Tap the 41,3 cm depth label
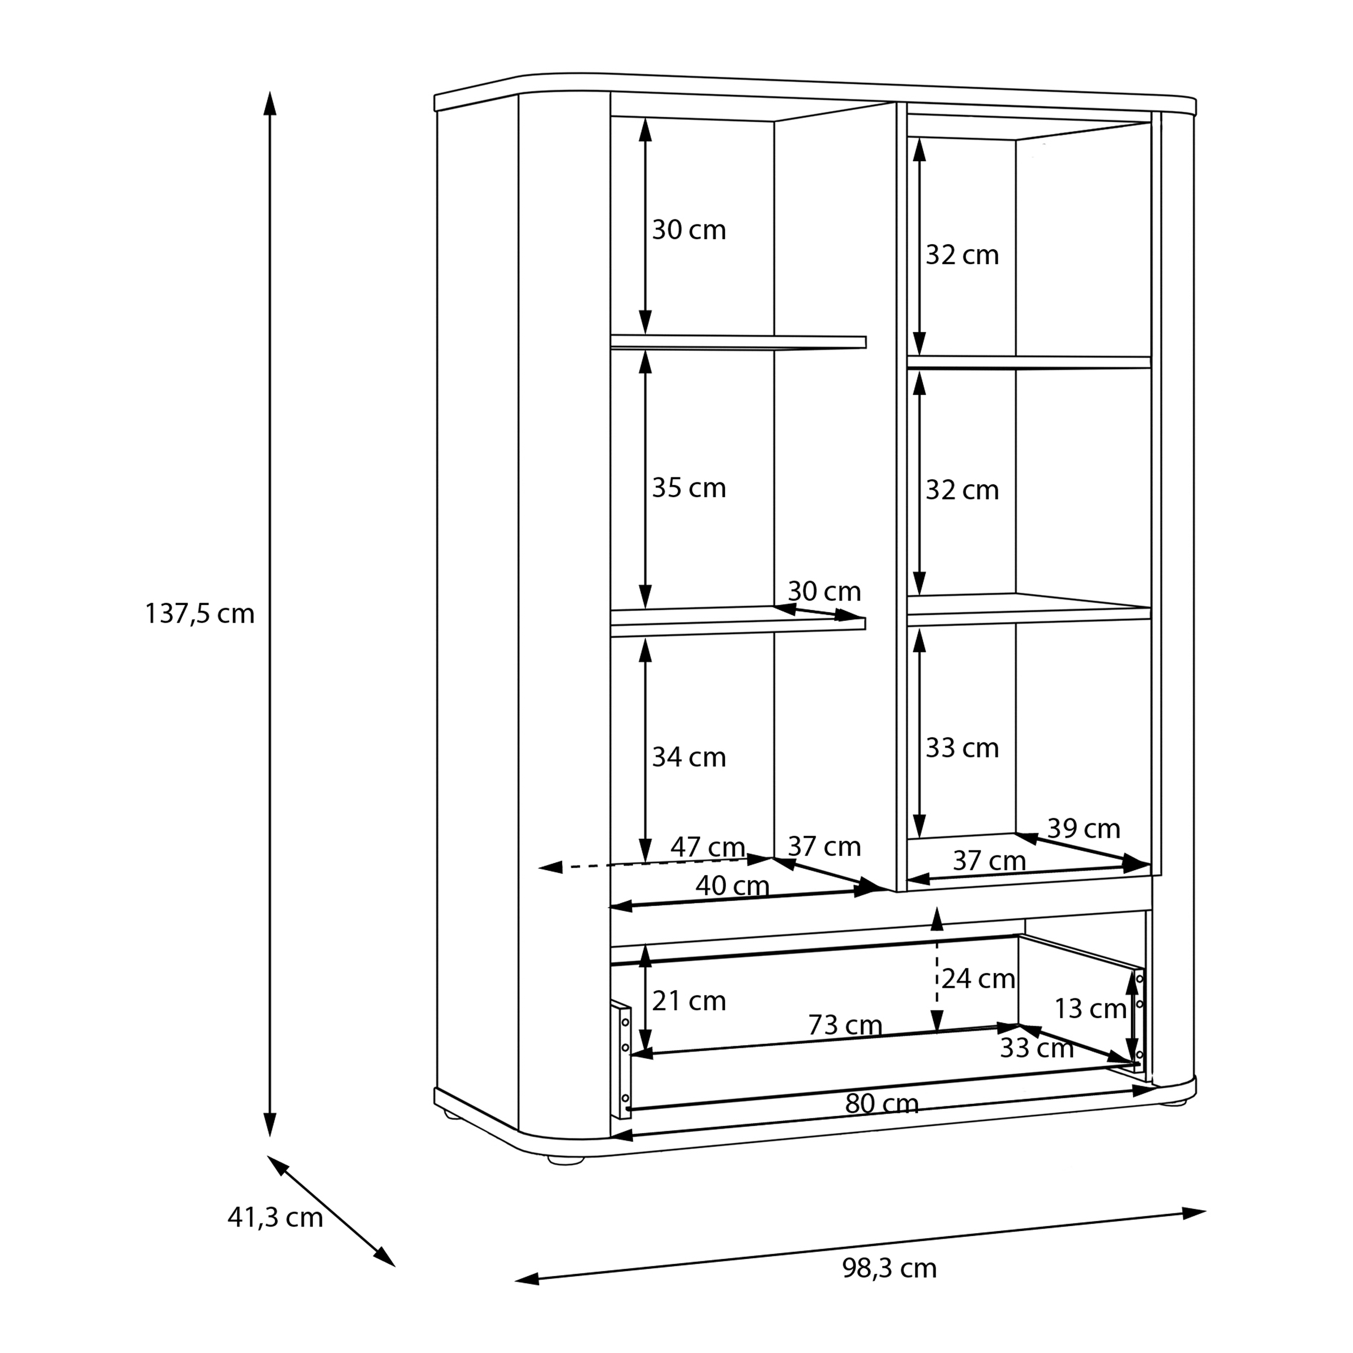(275, 1217)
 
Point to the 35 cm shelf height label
(689, 488)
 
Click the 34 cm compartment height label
(689, 757)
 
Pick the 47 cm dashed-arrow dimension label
(707, 847)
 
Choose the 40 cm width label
(732, 887)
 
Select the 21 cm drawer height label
(689, 1001)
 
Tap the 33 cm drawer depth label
(1036, 1049)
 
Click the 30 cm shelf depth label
(824, 591)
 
